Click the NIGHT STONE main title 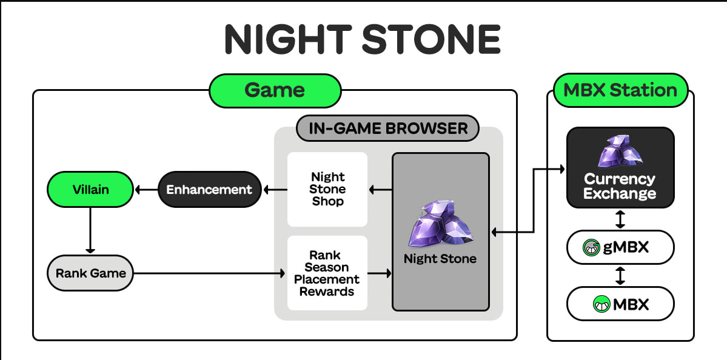(363, 39)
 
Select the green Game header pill (275, 91)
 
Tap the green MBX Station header (620, 91)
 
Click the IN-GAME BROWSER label (388, 128)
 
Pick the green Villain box (90, 190)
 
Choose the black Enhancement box (209, 190)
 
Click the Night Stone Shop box (327, 189)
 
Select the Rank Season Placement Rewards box (327, 273)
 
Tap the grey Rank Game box (90, 273)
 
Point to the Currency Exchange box (620, 167)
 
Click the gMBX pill (620, 247)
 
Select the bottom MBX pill (620, 304)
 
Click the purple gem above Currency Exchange (619, 151)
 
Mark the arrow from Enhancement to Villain (146, 190)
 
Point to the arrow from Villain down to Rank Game (90, 230)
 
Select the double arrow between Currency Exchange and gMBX (620, 219)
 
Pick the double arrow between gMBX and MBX (620, 276)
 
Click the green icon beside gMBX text (591, 247)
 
